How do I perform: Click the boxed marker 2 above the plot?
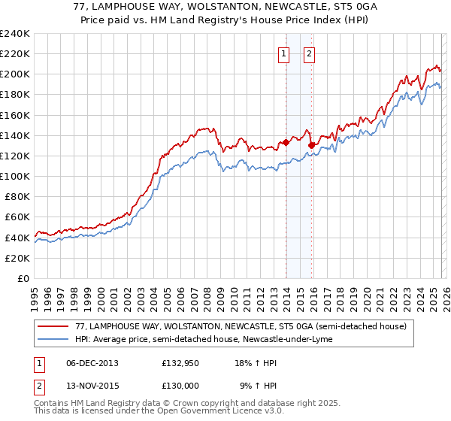(x=310, y=53)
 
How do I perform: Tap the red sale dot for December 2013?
(x=286, y=142)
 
